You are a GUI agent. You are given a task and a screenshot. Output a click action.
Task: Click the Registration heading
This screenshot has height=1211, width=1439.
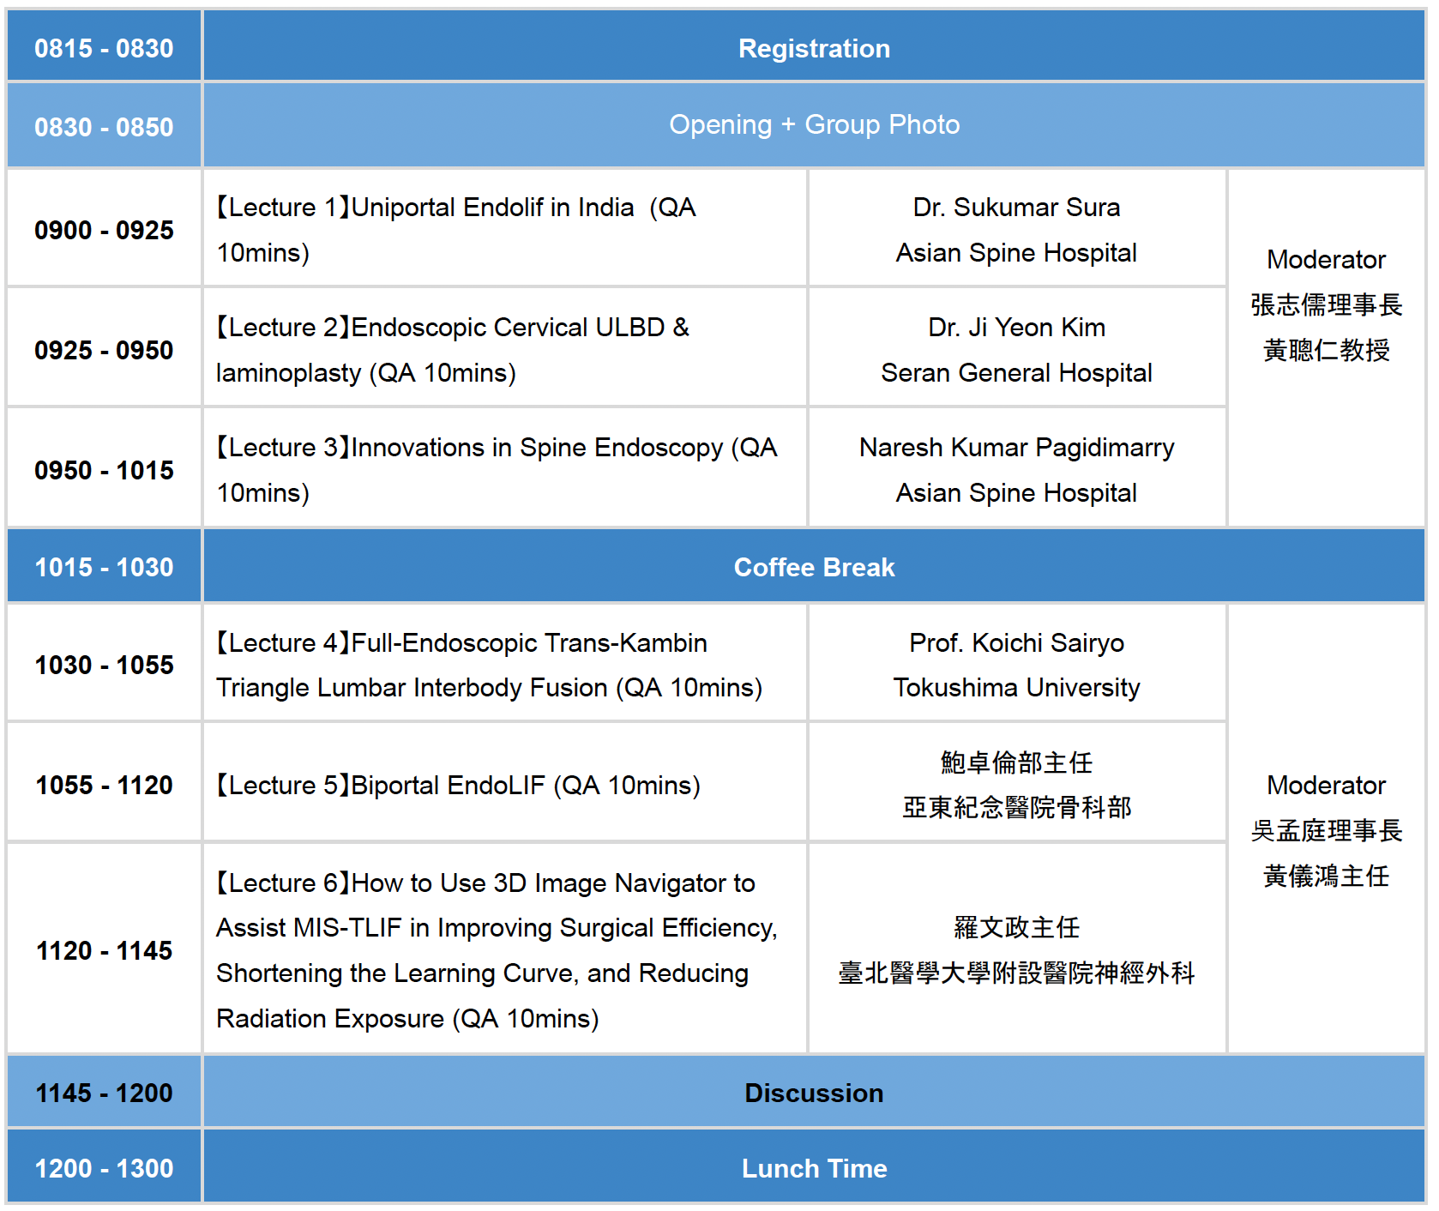[x=814, y=49]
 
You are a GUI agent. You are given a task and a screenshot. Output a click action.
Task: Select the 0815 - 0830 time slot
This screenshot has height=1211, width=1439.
[x=104, y=49]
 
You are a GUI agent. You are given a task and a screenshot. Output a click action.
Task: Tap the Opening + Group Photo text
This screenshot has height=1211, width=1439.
[x=814, y=125]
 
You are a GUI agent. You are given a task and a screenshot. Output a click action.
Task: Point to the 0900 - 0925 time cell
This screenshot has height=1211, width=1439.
[x=104, y=231]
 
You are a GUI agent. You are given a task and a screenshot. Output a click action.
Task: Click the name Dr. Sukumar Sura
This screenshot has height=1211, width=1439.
[x=1016, y=208]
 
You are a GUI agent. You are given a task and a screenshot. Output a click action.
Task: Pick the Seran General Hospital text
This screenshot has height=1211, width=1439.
[x=1016, y=373]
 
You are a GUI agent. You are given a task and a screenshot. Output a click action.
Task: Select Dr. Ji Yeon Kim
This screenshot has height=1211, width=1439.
[x=1016, y=328]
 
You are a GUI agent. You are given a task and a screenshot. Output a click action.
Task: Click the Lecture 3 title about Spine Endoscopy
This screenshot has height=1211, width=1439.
[x=497, y=470]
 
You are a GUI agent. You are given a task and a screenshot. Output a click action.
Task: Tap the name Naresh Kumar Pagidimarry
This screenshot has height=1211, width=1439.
[x=1016, y=448]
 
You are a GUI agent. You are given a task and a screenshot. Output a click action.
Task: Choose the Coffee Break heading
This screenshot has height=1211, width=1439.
[x=814, y=568]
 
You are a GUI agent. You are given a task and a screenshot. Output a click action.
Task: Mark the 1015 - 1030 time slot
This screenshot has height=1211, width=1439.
[x=104, y=568]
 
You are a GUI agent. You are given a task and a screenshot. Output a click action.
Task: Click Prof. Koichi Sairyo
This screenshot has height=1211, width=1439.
[x=1016, y=643]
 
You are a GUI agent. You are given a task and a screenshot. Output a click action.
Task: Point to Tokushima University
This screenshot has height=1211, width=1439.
[x=1016, y=688]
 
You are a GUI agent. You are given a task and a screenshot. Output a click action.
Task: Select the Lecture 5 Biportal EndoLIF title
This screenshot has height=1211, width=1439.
[x=457, y=786]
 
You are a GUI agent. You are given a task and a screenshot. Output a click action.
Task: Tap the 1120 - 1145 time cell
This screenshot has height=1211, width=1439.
[x=104, y=951]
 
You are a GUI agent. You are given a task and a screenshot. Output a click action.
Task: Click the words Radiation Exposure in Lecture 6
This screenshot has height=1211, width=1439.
[x=330, y=1019]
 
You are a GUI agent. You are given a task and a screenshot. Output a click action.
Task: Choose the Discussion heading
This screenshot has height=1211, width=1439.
[x=814, y=1094]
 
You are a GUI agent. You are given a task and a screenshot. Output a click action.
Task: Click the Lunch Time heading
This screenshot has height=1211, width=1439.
[x=814, y=1169]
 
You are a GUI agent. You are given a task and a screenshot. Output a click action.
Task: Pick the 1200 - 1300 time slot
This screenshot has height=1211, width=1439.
[x=104, y=1169]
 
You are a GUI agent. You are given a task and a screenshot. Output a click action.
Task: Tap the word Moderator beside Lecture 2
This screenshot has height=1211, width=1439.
[x=1326, y=260]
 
